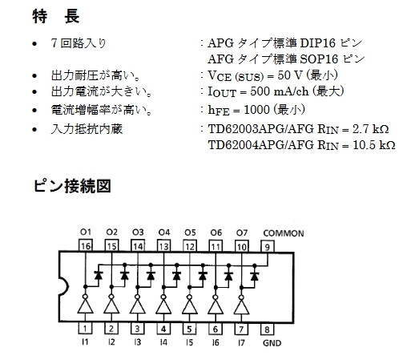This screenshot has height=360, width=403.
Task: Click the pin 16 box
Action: click(x=86, y=245)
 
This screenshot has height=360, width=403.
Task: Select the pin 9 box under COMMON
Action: click(x=268, y=246)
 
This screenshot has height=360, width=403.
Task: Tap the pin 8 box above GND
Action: click(x=267, y=329)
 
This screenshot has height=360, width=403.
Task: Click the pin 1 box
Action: click(x=85, y=328)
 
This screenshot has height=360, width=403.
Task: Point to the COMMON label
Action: click(x=284, y=233)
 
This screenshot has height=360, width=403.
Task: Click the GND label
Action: click(x=272, y=343)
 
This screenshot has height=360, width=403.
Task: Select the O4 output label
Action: click(x=163, y=233)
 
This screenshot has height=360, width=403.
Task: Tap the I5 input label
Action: click(x=189, y=342)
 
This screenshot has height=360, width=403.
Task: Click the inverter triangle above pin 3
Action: click(x=138, y=306)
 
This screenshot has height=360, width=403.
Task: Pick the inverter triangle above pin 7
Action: click(x=241, y=306)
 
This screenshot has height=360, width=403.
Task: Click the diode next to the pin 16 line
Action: click(x=99, y=275)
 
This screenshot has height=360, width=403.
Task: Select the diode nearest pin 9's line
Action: click(x=255, y=276)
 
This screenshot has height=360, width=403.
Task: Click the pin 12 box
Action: click(x=190, y=246)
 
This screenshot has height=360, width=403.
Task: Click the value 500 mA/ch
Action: click(x=280, y=91)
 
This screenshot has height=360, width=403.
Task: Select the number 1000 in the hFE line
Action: click(x=256, y=110)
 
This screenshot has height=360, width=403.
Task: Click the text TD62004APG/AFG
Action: click(x=261, y=145)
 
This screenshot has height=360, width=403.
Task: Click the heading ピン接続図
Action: click(x=72, y=186)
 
